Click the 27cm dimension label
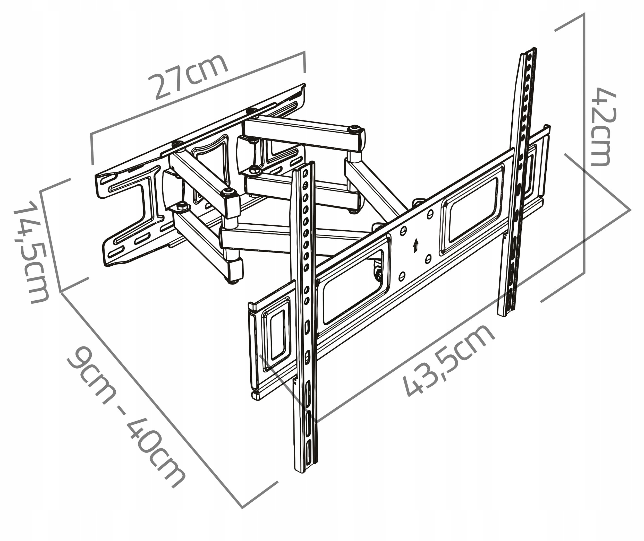pyautogui.click(x=188, y=76)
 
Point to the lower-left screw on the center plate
pyautogui.click(x=402, y=276)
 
